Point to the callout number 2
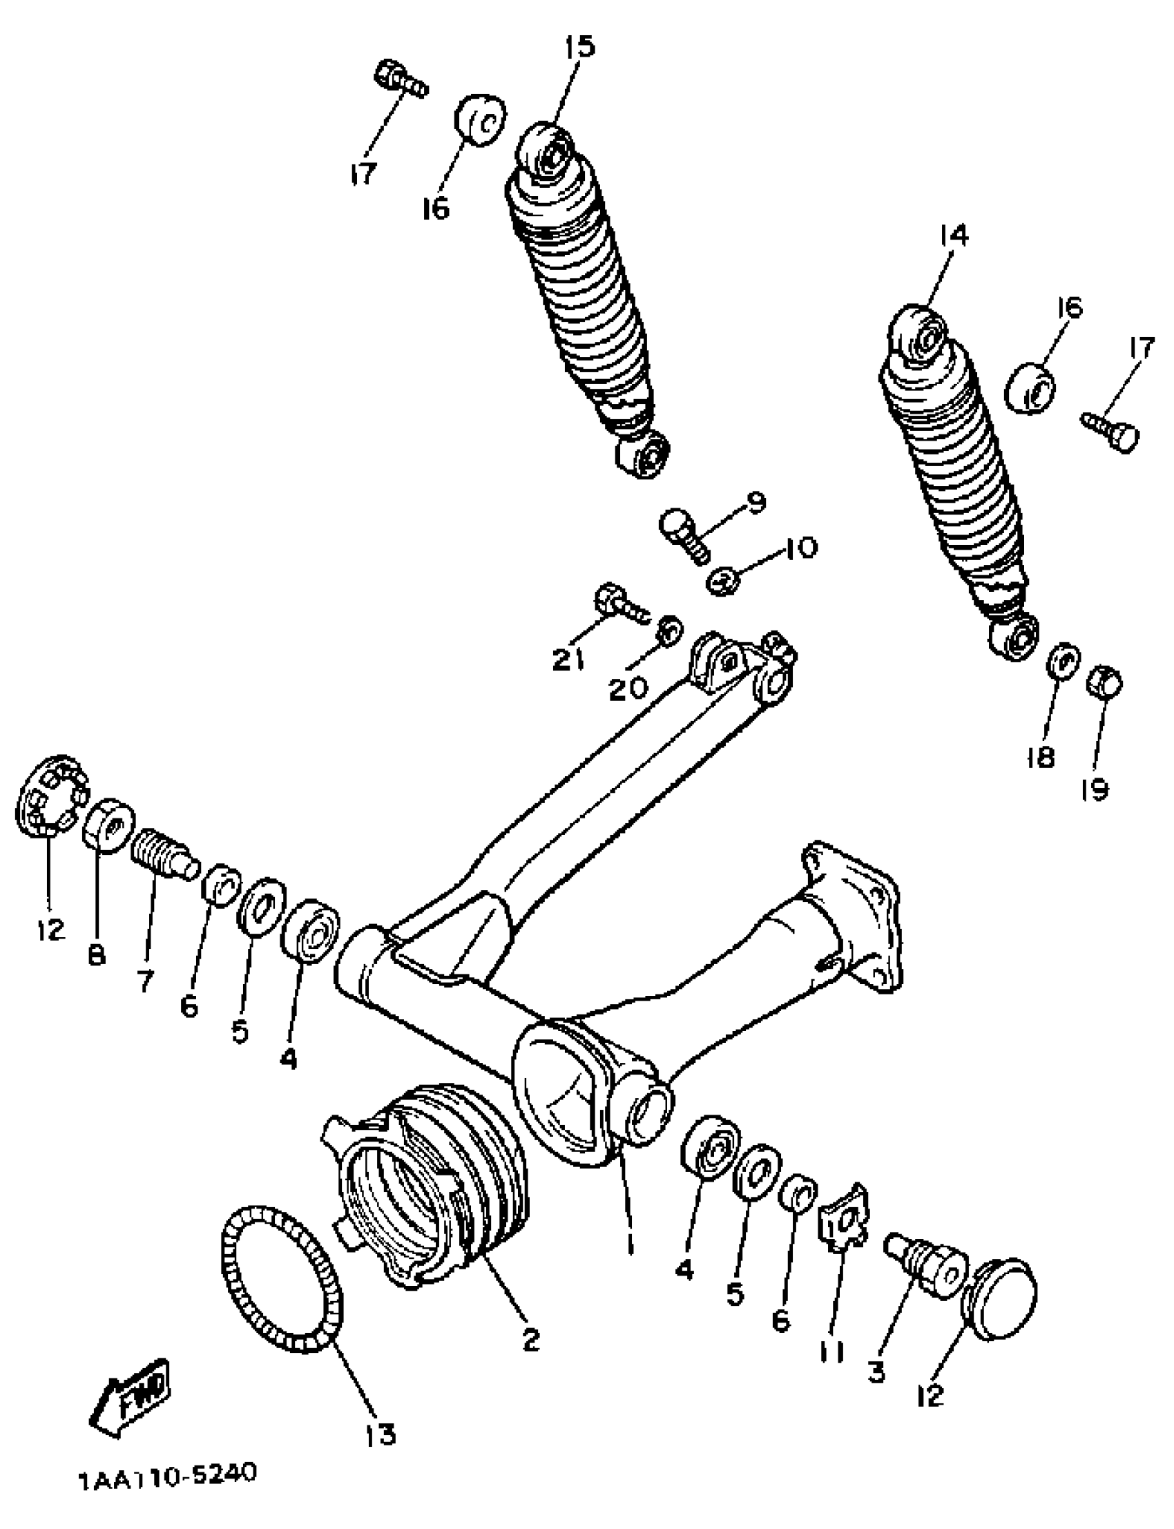(531, 1339)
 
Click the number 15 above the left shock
(579, 48)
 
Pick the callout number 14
(953, 235)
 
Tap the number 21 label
(569, 659)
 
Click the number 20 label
(628, 690)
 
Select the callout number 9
(756, 502)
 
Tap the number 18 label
(1040, 757)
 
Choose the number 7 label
(144, 981)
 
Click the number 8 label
(97, 954)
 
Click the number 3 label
(876, 1371)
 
